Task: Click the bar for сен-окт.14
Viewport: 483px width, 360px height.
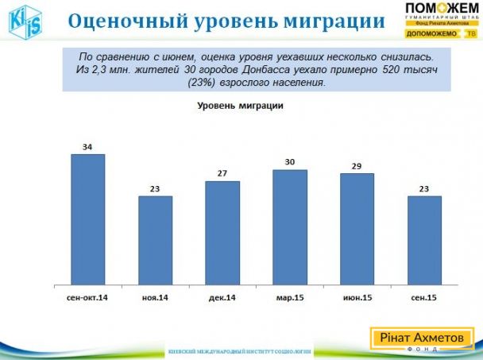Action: tap(88, 219)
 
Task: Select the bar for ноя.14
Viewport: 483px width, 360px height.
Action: tap(156, 240)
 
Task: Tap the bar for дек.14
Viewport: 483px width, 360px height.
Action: tap(222, 232)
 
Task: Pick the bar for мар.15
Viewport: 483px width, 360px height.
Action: tap(290, 226)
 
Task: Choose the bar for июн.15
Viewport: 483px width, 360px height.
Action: tap(357, 228)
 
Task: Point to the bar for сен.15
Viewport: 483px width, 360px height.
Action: tap(424, 240)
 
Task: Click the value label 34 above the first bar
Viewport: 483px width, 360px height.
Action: tap(88, 146)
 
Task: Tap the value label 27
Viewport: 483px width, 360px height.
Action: tap(222, 174)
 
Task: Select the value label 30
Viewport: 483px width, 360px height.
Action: tap(290, 162)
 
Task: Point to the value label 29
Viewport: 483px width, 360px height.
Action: tap(357, 166)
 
